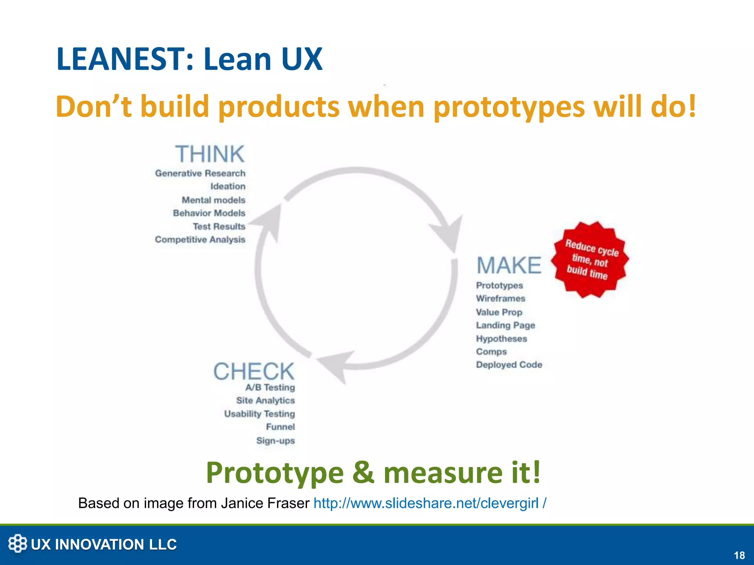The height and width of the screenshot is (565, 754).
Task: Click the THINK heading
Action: [x=209, y=154]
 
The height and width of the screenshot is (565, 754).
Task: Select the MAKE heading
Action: [x=509, y=266]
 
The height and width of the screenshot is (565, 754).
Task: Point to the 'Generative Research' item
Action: [x=200, y=173]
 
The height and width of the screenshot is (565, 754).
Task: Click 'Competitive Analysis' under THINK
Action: [x=200, y=239]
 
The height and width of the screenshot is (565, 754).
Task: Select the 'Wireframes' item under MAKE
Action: [x=500, y=298]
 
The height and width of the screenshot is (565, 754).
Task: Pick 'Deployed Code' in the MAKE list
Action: [x=509, y=365]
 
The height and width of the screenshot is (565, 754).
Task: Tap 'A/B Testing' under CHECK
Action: [x=270, y=387]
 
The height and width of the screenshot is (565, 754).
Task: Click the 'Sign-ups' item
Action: [x=275, y=440]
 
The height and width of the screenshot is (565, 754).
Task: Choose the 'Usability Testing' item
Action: [x=260, y=414]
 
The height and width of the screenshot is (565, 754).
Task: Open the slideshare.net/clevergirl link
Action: [x=429, y=503]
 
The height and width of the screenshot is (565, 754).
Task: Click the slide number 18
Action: [x=739, y=555]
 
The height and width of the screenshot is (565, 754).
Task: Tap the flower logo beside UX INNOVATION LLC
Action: [x=17, y=544]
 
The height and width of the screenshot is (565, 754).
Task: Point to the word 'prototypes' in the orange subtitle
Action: [x=509, y=107]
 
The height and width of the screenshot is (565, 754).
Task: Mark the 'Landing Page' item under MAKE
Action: [x=505, y=325]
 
